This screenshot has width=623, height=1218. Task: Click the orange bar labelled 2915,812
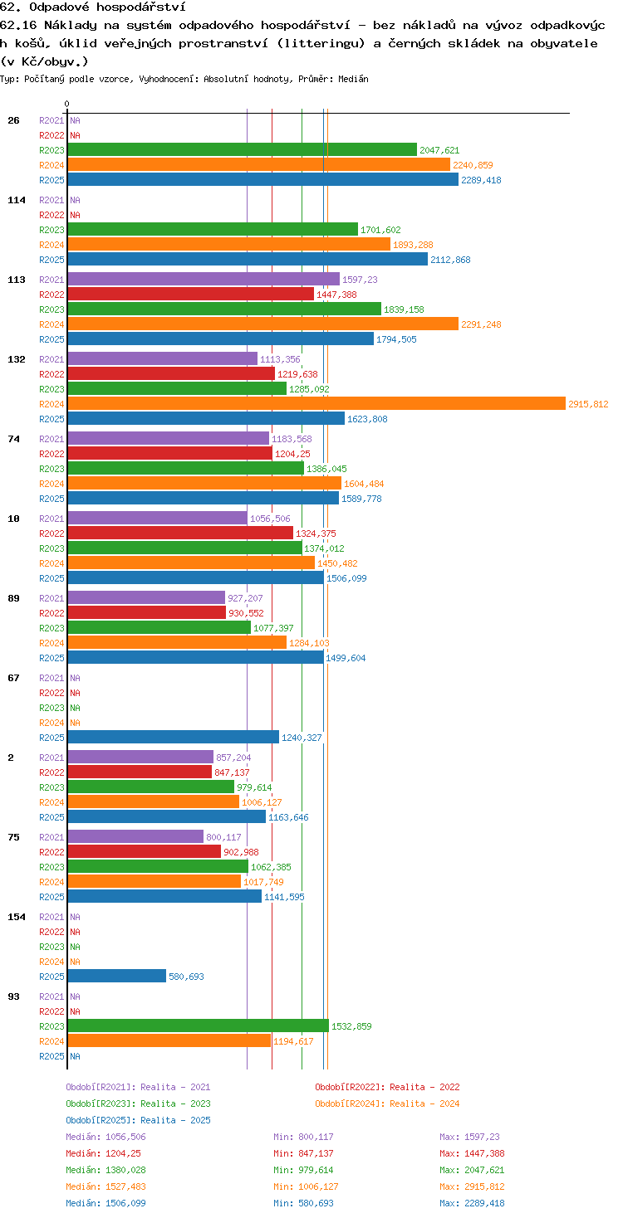(316, 403)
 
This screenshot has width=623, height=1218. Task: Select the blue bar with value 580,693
(116, 976)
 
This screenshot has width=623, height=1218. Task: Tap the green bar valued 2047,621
(243, 149)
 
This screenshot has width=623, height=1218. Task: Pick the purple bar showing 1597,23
(204, 279)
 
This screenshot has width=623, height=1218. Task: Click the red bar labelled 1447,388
(190, 295)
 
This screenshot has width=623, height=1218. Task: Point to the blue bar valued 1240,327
(173, 737)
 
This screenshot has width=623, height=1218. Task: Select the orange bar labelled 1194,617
(169, 1040)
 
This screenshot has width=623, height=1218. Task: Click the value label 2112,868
(450, 260)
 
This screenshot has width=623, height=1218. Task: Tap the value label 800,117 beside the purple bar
(223, 837)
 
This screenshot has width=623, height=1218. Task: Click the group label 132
(17, 359)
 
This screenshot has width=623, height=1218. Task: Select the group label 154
(17, 917)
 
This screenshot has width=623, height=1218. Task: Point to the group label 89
(13, 598)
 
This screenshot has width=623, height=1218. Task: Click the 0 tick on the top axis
(67, 104)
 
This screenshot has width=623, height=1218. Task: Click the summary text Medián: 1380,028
(105, 1170)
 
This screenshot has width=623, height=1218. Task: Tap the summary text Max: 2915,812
(472, 1186)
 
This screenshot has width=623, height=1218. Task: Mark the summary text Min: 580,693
(303, 1203)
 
